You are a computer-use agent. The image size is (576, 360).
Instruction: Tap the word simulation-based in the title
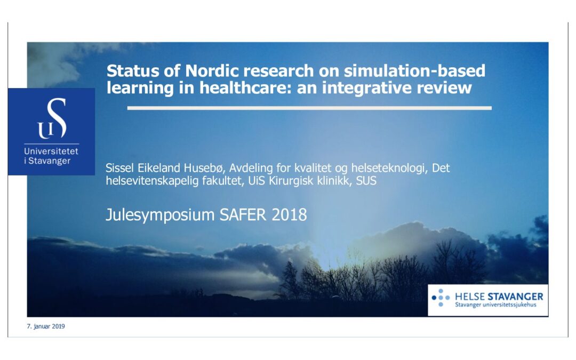click(414, 70)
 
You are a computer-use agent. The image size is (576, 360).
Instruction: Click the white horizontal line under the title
click(309, 108)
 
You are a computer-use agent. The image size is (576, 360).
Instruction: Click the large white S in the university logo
click(57, 118)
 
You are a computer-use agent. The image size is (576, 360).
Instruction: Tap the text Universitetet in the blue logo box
click(51, 151)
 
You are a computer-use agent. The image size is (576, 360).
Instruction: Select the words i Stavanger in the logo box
click(47, 161)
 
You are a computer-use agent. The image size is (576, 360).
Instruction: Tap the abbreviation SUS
click(366, 181)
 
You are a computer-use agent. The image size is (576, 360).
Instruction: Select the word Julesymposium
click(160, 215)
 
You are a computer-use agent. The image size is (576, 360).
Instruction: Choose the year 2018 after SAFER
click(289, 214)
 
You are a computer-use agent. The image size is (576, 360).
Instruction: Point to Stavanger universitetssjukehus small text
click(495, 305)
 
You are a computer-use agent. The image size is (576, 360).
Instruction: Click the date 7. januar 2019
click(45, 326)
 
